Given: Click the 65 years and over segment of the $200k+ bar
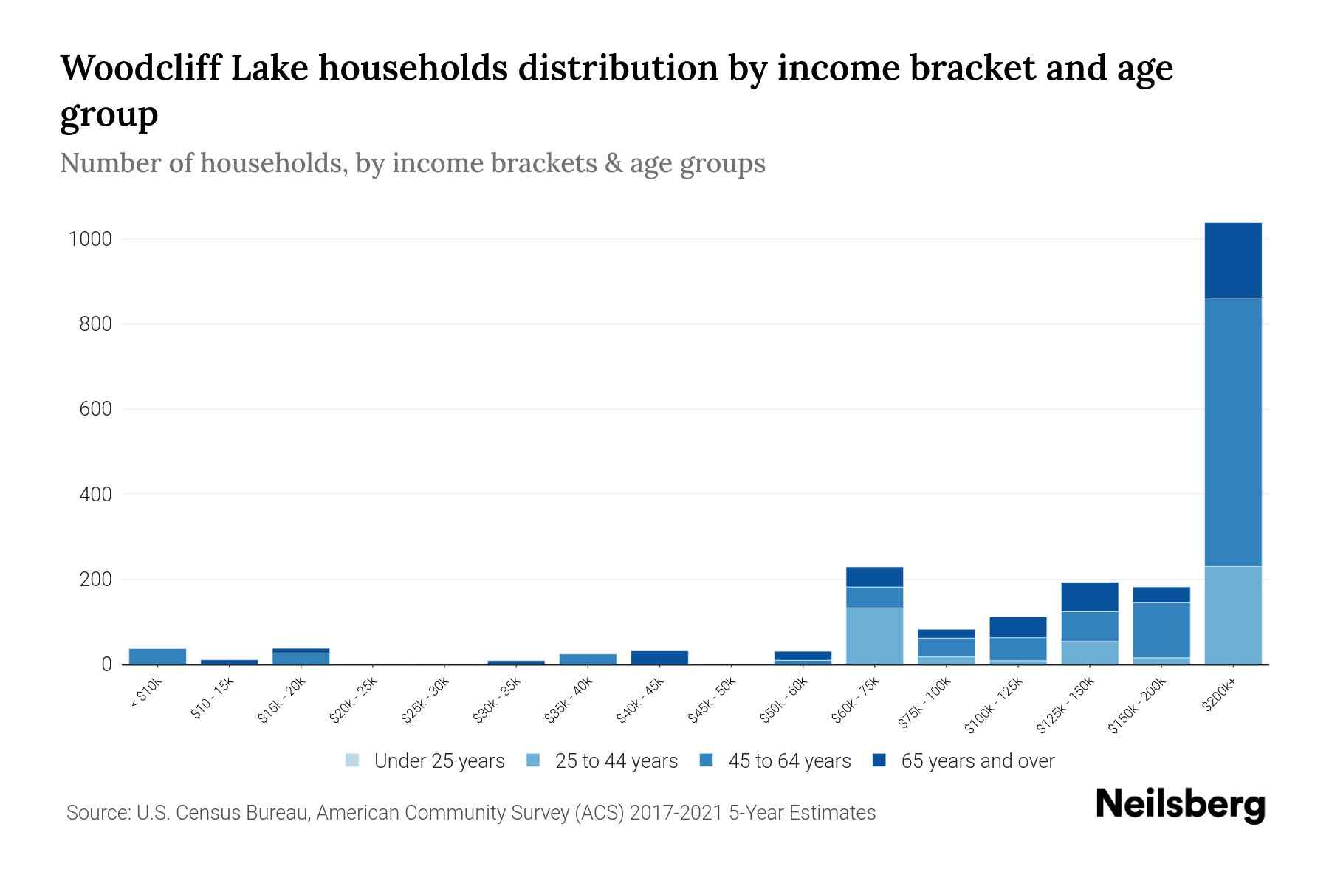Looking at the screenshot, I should (1232, 260).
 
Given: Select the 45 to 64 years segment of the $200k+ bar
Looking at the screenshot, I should (1232, 432).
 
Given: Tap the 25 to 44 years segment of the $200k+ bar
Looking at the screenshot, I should (1232, 615).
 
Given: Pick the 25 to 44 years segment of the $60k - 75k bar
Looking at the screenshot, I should (874, 636).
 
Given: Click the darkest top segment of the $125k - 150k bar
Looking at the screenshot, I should (1089, 597).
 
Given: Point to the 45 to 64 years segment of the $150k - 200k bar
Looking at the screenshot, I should (1161, 630).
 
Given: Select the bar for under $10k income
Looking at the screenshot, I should (157, 656).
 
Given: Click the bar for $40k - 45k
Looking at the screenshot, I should (659, 657).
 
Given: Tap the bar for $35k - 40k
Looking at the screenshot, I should (588, 659).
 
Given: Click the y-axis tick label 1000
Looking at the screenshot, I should (89, 239).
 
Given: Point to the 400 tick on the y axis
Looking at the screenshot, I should (95, 494).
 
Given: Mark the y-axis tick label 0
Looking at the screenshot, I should (106, 664).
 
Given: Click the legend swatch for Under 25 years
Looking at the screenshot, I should (352, 760).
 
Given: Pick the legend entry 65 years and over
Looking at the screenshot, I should (977, 761).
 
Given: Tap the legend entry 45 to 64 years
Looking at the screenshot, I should (789, 761).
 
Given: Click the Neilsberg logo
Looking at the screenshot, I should (1180, 805).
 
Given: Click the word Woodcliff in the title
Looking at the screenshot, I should (140, 68).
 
